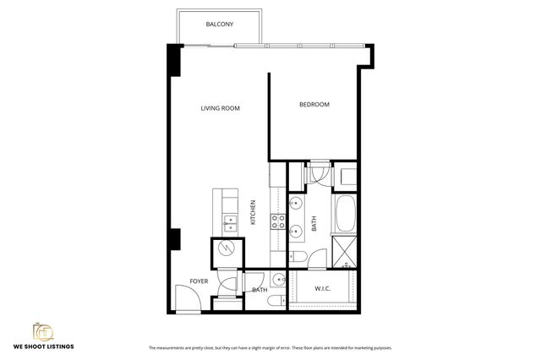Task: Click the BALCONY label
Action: (x=220, y=25)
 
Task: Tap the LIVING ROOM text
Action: (x=221, y=108)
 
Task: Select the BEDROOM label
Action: (x=314, y=105)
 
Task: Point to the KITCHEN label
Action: (x=254, y=213)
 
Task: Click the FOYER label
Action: (x=187, y=281)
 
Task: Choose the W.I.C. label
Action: (x=322, y=289)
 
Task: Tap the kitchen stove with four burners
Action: (x=277, y=221)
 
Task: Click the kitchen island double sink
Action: (x=230, y=223)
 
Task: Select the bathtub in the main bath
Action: (x=345, y=214)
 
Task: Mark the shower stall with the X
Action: (x=344, y=250)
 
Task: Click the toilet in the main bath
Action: (x=298, y=256)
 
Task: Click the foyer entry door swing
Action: (x=186, y=298)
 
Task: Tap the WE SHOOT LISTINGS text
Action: (x=43, y=346)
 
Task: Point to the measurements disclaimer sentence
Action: (x=270, y=347)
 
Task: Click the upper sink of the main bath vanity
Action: (x=296, y=204)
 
